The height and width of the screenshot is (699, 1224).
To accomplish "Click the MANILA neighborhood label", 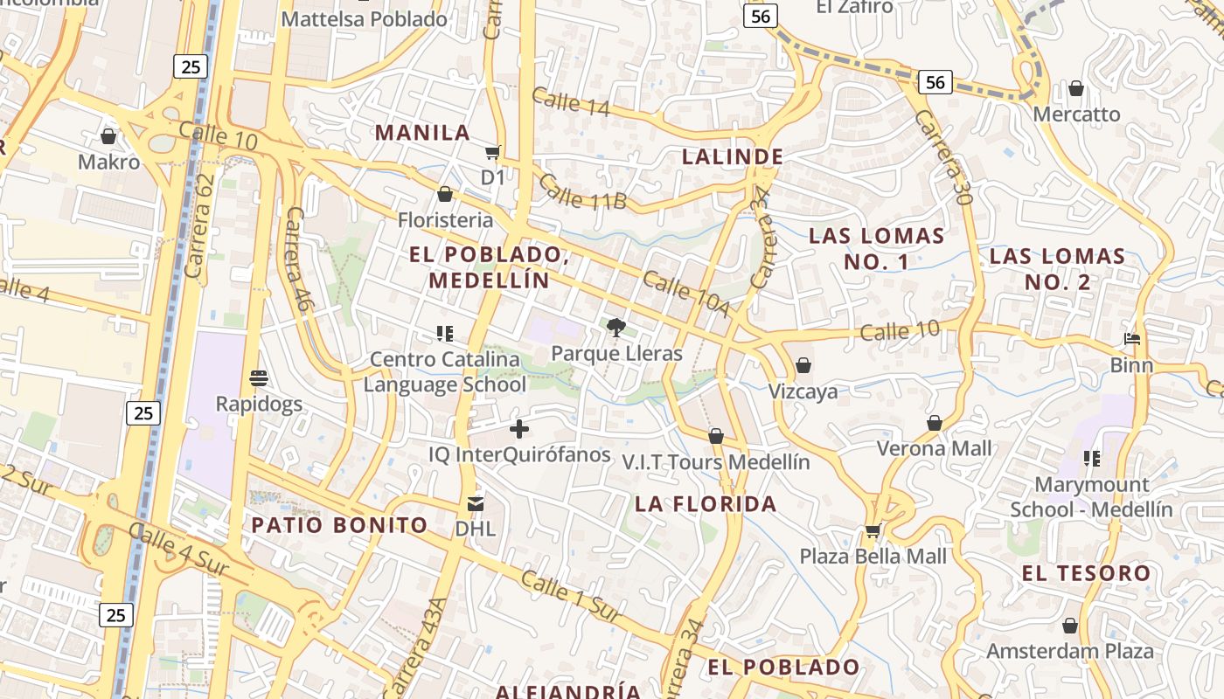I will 423,133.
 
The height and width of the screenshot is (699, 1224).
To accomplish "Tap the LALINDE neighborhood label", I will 732,156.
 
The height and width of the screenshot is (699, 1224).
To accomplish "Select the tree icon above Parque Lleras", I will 616,328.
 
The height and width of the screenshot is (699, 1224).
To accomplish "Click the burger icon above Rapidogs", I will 258,378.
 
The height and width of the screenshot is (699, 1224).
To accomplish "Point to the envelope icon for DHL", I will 475,503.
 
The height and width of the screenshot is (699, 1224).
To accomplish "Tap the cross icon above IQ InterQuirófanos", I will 519,428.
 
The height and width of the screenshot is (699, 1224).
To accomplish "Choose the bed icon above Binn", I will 1132,339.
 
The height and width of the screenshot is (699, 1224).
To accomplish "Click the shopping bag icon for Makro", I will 108,136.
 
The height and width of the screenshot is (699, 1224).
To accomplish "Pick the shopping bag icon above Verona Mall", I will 935,423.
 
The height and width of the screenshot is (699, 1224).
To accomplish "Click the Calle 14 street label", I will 570,101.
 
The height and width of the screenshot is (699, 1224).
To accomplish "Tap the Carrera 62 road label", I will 200,225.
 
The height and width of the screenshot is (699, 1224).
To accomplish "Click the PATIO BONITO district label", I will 340,525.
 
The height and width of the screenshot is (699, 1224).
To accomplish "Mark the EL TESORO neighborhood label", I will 1086,573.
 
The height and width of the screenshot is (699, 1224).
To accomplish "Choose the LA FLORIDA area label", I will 706,503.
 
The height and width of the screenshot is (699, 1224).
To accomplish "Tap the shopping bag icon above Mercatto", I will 1076,89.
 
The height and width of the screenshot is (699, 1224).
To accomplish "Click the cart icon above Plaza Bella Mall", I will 873,530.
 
